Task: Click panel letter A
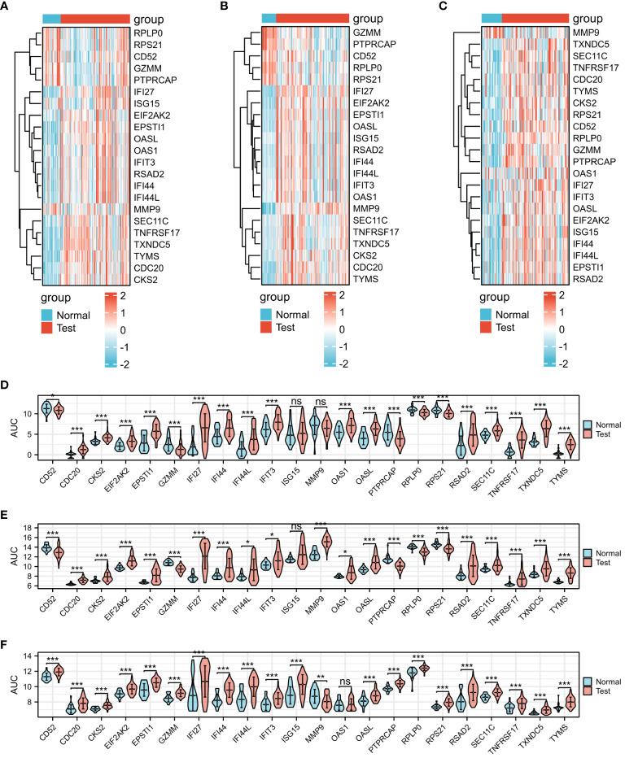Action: tap(8, 8)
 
